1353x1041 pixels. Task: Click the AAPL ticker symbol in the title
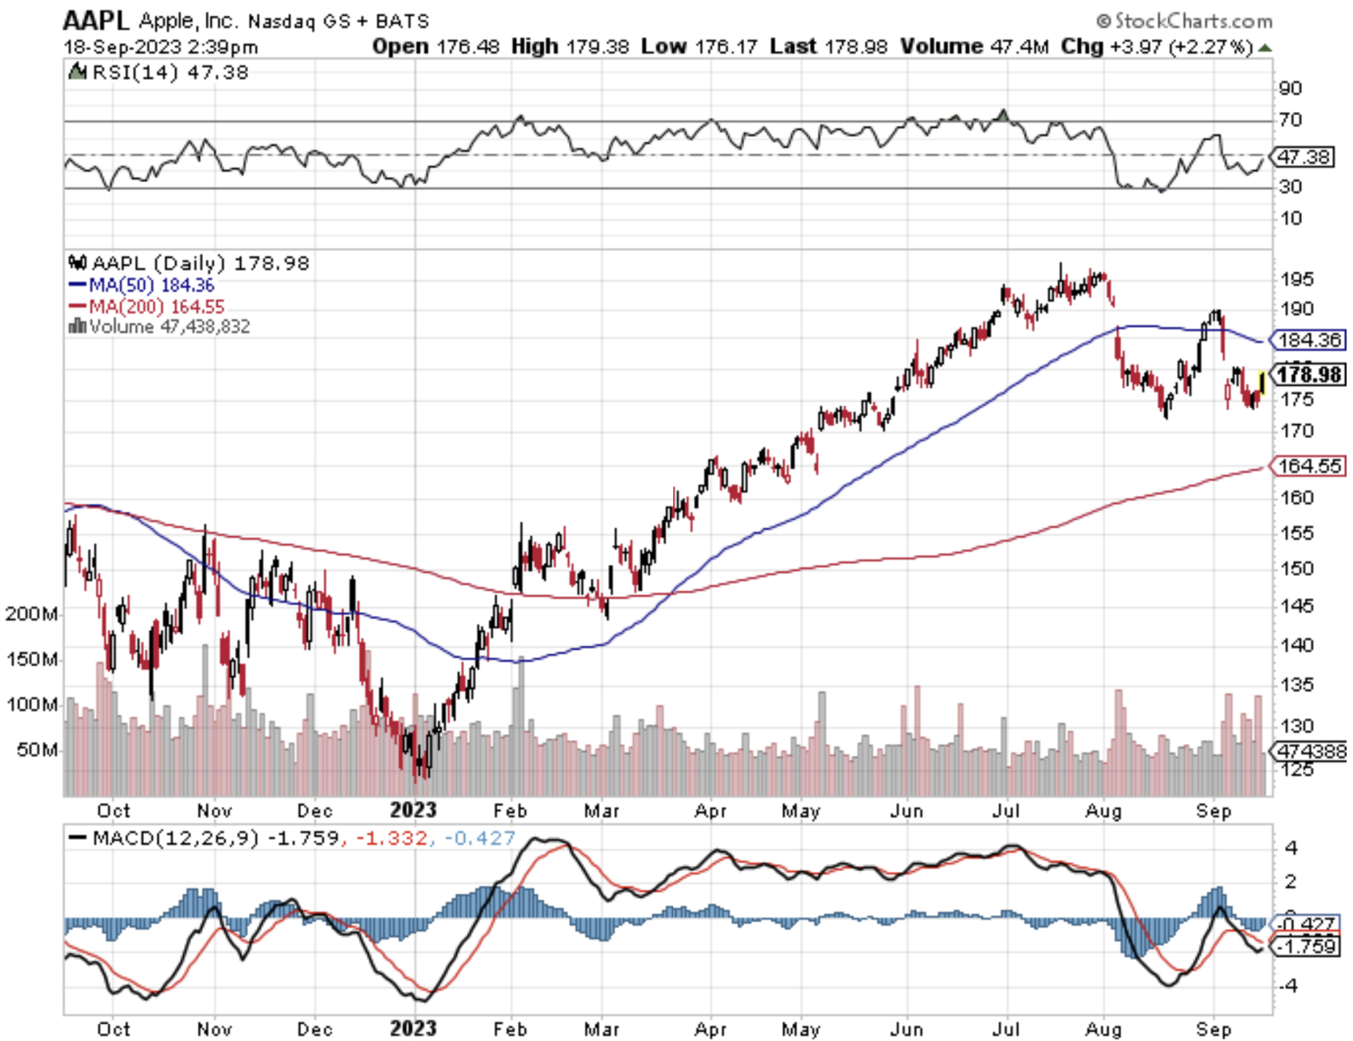95,19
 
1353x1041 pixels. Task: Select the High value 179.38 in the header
598,46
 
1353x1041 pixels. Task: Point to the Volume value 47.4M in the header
1019,46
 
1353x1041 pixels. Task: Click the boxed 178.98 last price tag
1310,374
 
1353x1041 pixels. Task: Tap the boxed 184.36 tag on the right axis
1310,340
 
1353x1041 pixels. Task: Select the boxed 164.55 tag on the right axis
1310,466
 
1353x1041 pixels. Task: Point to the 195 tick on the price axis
1297,279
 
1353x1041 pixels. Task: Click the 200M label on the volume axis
32,614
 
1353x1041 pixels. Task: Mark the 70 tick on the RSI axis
1291,120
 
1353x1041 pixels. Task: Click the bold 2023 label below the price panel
413,810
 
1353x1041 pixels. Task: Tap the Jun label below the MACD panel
906,1029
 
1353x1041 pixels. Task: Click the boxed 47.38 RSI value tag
1304,157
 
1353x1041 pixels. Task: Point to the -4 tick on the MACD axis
1289,985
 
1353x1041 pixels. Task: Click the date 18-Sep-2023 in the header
122,47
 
